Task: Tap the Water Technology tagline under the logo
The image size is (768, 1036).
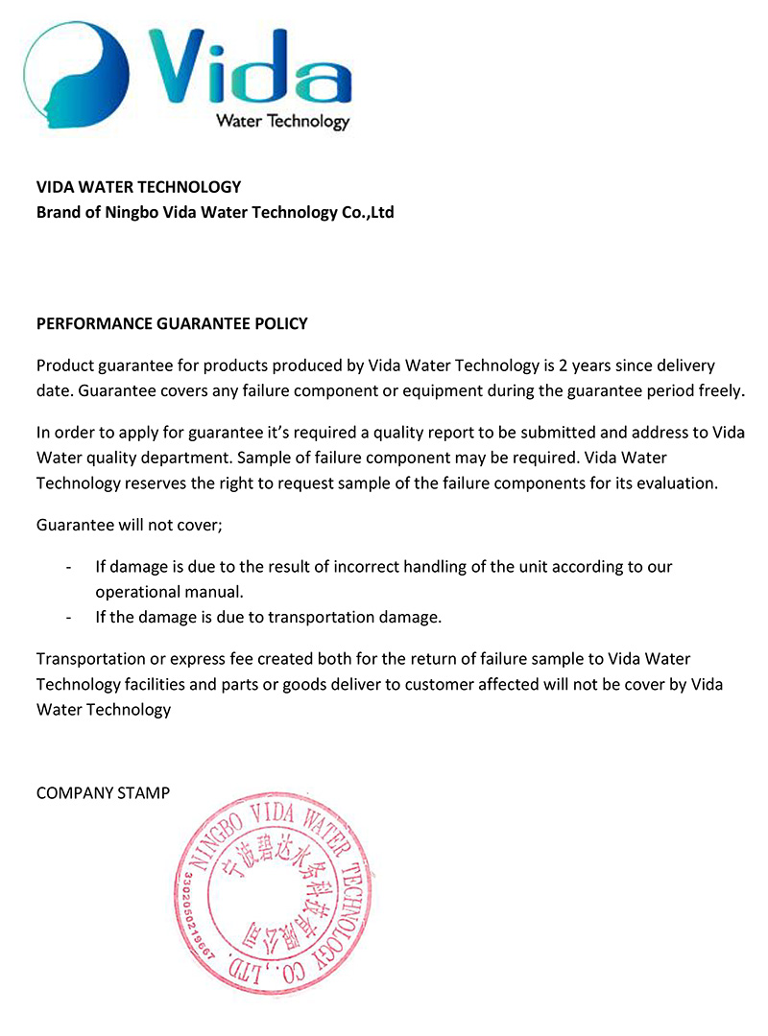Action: click(282, 121)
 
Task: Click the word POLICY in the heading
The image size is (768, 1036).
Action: click(281, 323)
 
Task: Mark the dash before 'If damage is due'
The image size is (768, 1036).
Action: click(68, 567)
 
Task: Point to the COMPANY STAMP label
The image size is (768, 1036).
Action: click(103, 793)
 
